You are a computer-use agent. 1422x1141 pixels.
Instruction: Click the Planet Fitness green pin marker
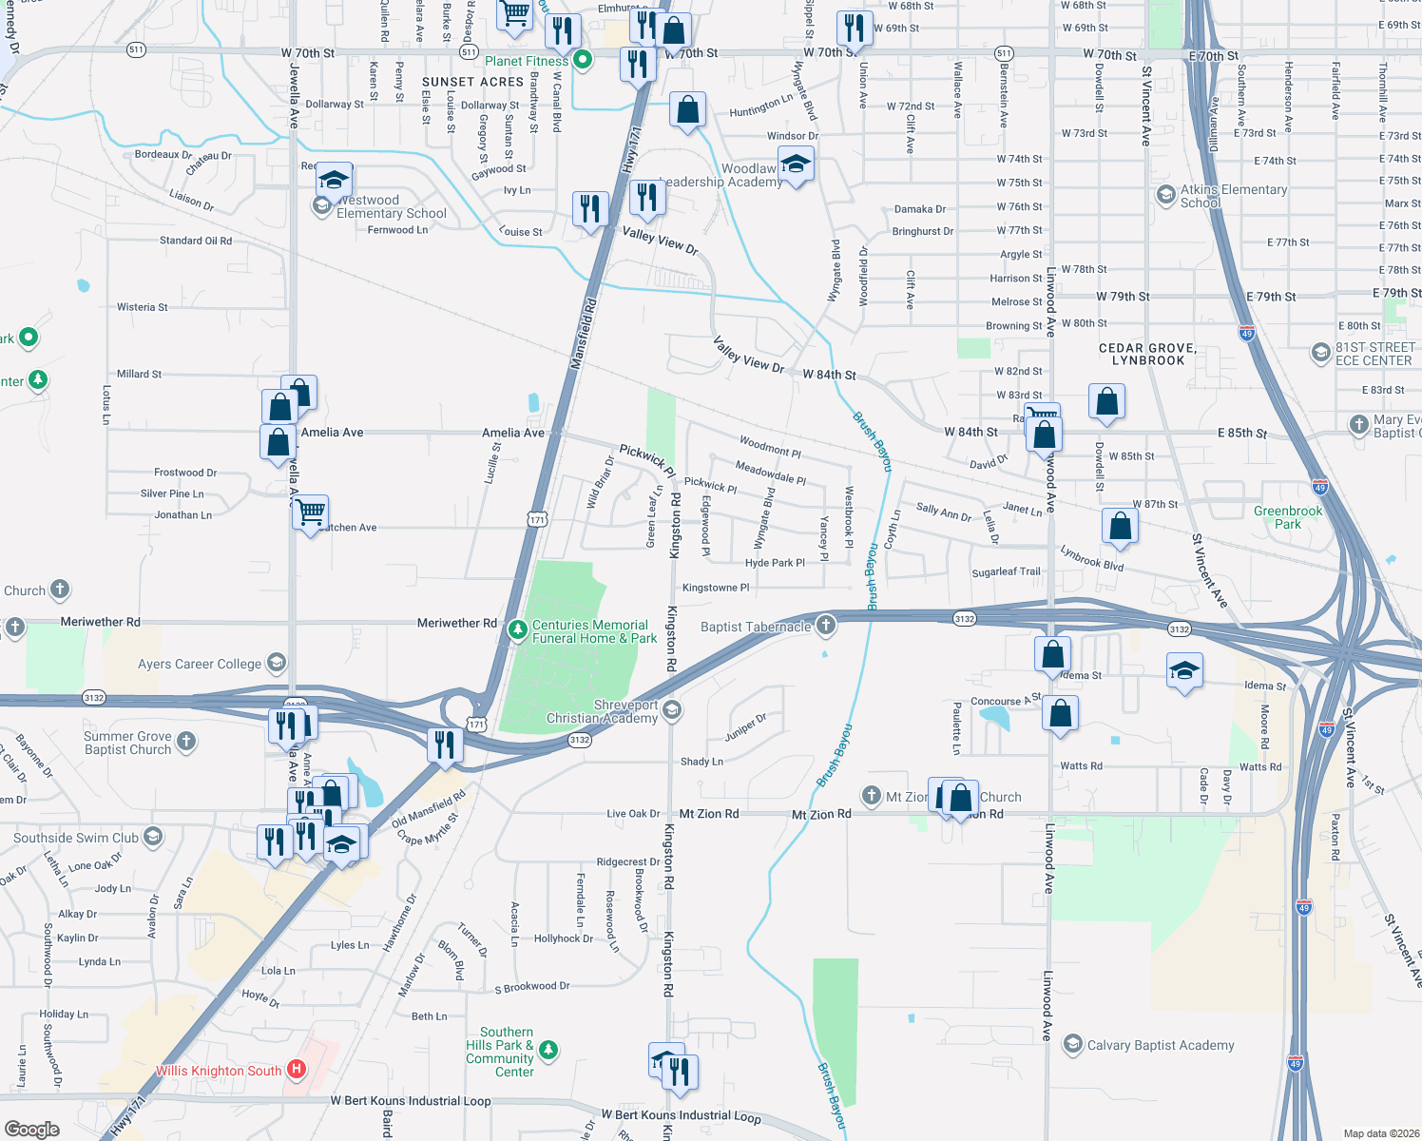tap(583, 60)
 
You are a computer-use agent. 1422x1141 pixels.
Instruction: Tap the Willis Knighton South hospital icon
tap(297, 1070)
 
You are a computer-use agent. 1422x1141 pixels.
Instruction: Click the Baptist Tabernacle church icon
tap(826, 626)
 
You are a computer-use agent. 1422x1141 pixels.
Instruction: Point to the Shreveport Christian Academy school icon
tap(672, 710)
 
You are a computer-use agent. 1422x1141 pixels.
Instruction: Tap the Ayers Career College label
tap(199, 664)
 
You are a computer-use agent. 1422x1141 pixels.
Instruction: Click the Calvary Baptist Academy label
tap(1161, 1045)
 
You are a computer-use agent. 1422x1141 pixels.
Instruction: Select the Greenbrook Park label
tap(1288, 517)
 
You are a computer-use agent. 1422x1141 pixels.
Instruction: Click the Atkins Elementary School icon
tap(1165, 195)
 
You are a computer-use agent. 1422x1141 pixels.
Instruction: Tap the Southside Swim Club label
tap(76, 838)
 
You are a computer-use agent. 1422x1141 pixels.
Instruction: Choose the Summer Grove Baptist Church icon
tap(186, 741)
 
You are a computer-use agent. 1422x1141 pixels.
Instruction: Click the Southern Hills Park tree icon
tap(548, 1051)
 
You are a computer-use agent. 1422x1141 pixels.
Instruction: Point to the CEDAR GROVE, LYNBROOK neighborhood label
tap(1147, 355)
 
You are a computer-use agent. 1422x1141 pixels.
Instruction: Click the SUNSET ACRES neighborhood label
tap(472, 82)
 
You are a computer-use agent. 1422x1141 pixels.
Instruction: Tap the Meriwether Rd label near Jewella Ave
tap(100, 622)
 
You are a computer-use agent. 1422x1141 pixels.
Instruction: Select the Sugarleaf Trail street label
tap(1006, 571)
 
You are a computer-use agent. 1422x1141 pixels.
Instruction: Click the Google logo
tap(32, 1129)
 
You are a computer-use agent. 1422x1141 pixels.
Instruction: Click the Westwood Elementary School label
tap(392, 206)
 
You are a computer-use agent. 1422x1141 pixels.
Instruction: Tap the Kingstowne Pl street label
tap(716, 588)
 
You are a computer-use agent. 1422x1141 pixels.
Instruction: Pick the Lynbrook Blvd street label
tap(1091, 559)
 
